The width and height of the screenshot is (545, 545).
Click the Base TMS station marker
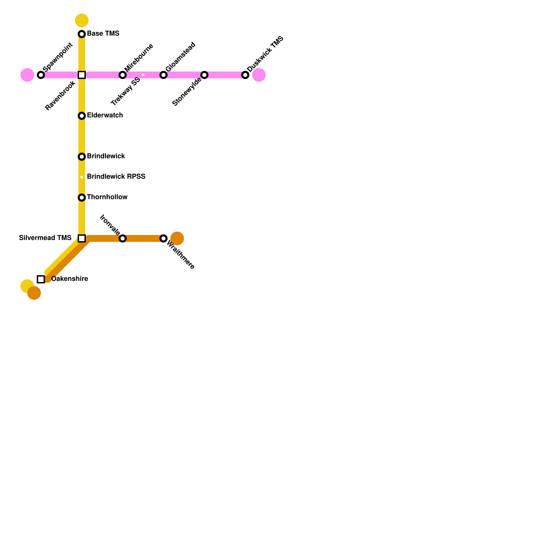pyautogui.click(x=82, y=34)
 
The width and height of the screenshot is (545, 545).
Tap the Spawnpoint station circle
pyautogui.click(x=41, y=75)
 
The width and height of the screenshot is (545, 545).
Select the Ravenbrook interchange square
pyautogui.click(x=82, y=75)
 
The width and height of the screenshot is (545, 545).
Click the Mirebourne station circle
pyautogui.click(x=123, y=75)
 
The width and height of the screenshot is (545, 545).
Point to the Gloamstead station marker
pyautogui.click(x=163, y=75)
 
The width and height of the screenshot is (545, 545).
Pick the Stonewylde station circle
pyautogui.click(x=204, y=75)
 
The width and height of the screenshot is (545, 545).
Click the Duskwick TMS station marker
pyautogui.click(x=245, y=75)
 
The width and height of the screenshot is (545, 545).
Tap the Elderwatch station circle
pyautogui.click(x=82, y=116)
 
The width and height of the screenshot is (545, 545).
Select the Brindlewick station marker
pyautogui.click(x=82, y=157)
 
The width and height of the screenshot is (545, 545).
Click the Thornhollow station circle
pyautogui.click(x=82, y=198)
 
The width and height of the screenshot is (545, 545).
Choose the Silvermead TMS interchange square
pyautogui.click(x=82, y=238)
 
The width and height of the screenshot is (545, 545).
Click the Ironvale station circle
pyautogui.click(x=123, y=238)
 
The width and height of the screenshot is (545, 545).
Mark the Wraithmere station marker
pyautogui.click(x=163, y=238)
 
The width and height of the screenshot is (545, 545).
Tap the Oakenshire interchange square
pyautogui.click(x=41, y=279)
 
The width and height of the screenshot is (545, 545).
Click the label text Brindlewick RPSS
pyautogui.click(x=116, y=176)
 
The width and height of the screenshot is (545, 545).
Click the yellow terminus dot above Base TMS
pyautogui.click(x=82, y=20)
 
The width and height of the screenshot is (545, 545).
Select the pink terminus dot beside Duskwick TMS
pyautogui.click(x=259, y=75)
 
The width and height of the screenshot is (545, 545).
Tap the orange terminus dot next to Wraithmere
pyautogui.click(x=177, y=238)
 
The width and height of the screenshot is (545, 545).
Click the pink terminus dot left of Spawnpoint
pyautogui.click(x=27, y=75)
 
